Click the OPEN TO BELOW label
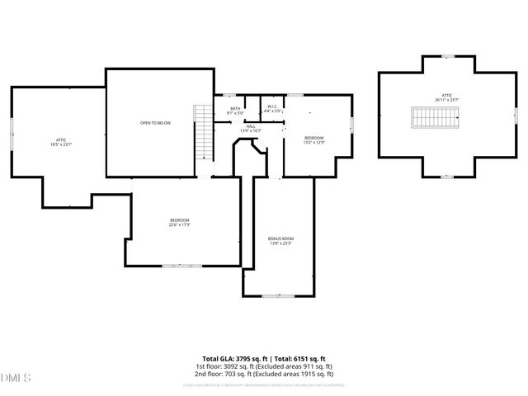tap(155, 122)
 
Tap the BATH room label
tap(235, 108)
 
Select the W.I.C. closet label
tap(273, 106)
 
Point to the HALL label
tap(250, 126)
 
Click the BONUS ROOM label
tap(280, 238)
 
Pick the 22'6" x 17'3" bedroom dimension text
tap(180, 224)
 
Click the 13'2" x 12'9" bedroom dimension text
tap(313, 143)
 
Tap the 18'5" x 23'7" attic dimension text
tap(61, 144)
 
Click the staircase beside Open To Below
tap(202, 134)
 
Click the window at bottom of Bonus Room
tap(280, 295)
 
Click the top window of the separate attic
tap(448, 57)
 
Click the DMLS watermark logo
tap(16, 377)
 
